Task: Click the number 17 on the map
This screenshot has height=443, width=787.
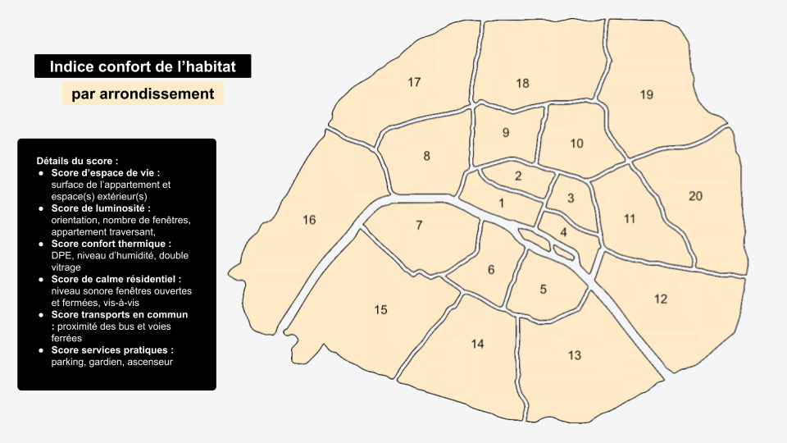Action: (x=414, y=82)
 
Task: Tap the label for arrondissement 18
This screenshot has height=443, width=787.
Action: (x=523, y=83)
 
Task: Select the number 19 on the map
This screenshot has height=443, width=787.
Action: (x=647, y=94)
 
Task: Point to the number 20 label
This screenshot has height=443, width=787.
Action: (x=695, y=196)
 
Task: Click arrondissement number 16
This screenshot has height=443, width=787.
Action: (x=309, y=220)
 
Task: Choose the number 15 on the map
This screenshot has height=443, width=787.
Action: (x=380, y=309)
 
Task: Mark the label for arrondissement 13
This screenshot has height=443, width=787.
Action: (x=575, y=355)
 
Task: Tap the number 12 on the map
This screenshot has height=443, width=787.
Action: (x=661, y=299)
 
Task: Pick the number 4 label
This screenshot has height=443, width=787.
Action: (x=563, y=232)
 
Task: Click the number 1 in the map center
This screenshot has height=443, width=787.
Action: (x=502, y=203)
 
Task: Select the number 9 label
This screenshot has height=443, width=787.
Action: (x=506, y=133)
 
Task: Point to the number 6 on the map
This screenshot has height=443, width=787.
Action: (x=491, y=270)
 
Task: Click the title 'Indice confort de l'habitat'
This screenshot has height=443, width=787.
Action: (x=143, y=66)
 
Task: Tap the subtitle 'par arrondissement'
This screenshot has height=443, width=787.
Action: (x=143, y=94)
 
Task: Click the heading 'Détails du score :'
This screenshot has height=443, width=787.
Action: (x=77, y=160)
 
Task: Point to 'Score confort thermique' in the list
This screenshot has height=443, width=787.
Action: (x=111, y=244)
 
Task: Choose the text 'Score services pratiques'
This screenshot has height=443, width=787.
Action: (x=116, y=350)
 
